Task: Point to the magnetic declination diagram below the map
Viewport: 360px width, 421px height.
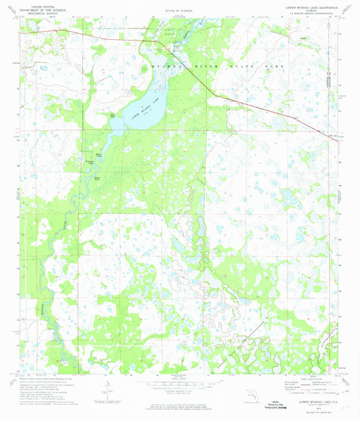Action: coord(106,388)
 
